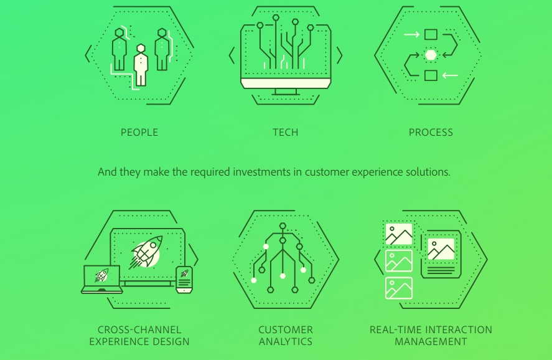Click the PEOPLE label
click(139, 133)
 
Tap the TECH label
click(286, 133)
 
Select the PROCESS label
click(431, 133)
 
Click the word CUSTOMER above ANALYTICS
click(286, 329)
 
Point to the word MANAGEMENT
click(431, 342)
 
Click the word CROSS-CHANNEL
click(139, 329)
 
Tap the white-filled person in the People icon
click(141, 65)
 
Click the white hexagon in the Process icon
click(431, 55)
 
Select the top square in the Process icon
click(431, 34)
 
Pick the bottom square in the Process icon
click(431, 75)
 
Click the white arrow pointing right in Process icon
click(411, 34)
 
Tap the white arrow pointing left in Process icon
click(450, 75)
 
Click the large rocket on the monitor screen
click(147, 252)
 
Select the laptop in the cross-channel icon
click(101, 279)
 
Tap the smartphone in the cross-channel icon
click(184, 280)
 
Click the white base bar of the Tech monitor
click(286, 83)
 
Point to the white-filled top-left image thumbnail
click(399, 234)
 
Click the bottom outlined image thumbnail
click(399, 288)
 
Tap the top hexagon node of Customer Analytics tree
click(283, 226)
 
